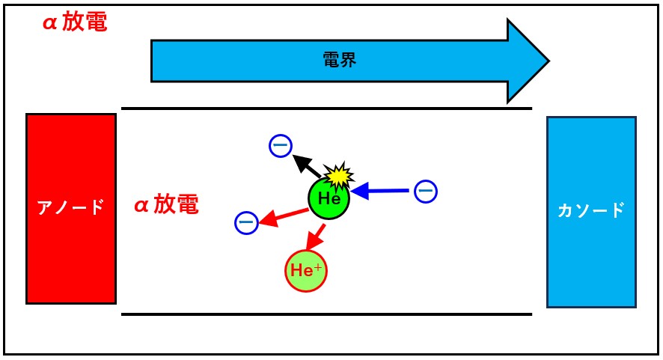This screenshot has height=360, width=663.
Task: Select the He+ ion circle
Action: coord(307,270)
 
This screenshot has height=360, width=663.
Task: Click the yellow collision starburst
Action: coord(340,176)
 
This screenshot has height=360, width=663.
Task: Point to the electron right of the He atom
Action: coord(425,192)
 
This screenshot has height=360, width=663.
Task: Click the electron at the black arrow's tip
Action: coord(280,147)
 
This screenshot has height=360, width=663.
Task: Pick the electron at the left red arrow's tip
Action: coord(246,222)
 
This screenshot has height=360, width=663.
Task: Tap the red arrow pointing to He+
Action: coord(317,237)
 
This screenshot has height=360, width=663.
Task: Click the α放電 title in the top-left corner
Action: coord(75,22)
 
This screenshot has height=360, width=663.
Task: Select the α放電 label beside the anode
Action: coord(166,205)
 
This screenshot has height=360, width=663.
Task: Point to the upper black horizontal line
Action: coord(326,109)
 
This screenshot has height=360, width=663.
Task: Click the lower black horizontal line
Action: coord(326,314)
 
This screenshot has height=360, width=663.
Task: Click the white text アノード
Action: coord(71,208)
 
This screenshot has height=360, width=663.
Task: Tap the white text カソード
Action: coord(591,210)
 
